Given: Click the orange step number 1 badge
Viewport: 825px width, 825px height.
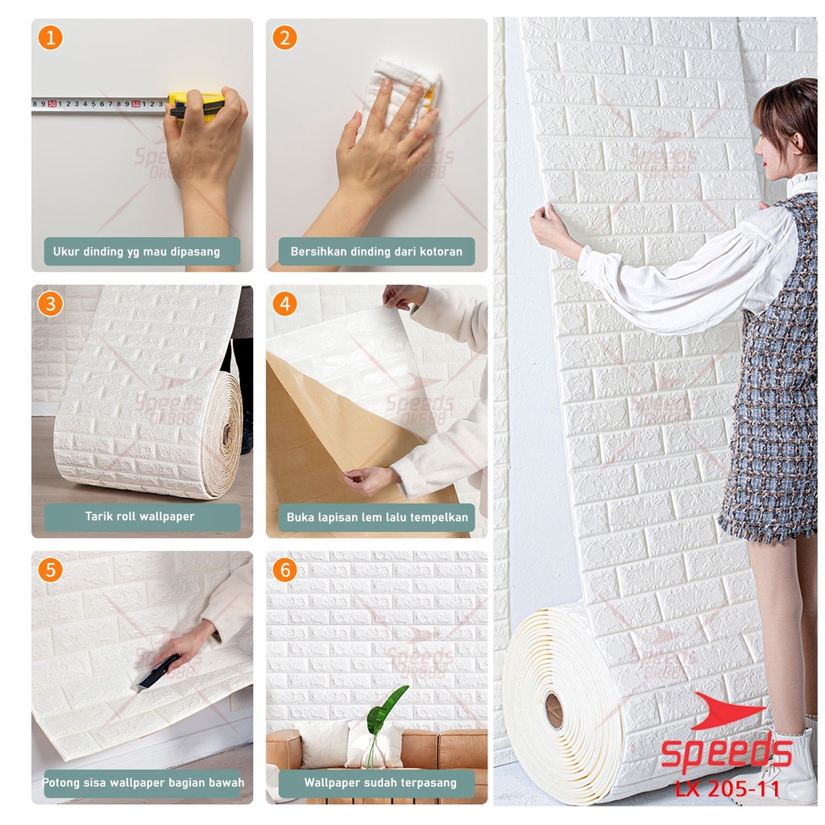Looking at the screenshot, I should click(x=50, y=37).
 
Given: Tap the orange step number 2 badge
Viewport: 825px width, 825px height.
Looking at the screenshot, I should click(x=284, y=37).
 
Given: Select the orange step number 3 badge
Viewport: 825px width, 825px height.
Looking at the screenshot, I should click(x=50, y=304).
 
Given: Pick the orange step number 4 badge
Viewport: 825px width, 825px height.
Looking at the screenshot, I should click(x=284, y=304).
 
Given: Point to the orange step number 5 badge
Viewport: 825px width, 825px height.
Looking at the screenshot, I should click(x=50, y=570).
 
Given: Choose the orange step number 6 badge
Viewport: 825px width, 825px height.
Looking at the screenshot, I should click(x=284, y=570).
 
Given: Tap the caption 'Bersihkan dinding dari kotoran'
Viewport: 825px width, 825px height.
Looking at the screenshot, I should click(x=376, y=251).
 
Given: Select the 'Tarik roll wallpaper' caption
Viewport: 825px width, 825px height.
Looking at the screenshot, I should click(x=140, y=516).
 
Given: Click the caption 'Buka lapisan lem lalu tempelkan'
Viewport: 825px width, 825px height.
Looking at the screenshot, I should click(x=376, y=517).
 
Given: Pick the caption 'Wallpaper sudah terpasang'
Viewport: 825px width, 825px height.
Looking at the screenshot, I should click(x=379, y=782).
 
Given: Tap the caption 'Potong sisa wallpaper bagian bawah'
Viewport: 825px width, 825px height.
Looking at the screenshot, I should click(x=143, y=782).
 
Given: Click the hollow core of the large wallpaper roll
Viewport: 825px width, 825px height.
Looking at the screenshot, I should click(x=554, y=710).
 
